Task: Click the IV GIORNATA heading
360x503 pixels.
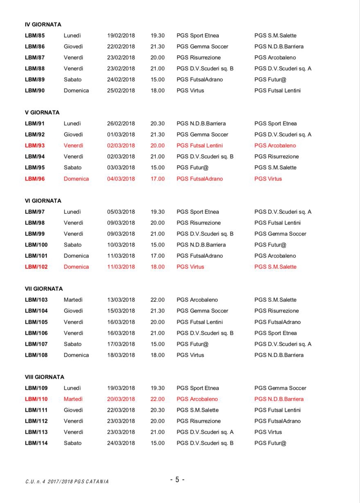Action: [43, 25]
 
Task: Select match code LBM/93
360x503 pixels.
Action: [35, 146]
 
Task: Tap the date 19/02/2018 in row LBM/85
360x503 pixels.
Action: [121, 36]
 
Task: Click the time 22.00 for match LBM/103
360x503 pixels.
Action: [157, 300]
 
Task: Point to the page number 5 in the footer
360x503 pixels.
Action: [177, 480]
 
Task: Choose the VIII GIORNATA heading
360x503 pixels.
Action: [45, 377]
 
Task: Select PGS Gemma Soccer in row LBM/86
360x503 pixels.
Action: [202, 47]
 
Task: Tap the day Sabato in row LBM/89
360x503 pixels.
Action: [73, 80]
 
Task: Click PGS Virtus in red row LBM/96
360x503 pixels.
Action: [268, 179]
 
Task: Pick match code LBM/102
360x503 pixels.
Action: [36, 267]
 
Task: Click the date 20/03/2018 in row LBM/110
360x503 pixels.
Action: [121, 399]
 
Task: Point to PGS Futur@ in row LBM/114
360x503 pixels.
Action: [270, 443]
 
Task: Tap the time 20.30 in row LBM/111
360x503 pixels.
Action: [157, 410]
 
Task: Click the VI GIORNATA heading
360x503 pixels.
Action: [43, 201]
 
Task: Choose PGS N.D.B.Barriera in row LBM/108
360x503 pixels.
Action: [279, 355]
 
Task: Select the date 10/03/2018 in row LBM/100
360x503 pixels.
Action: [121, 245]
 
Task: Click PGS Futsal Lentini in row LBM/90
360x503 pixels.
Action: [277, 91]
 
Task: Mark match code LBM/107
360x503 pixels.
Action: [36, 344]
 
